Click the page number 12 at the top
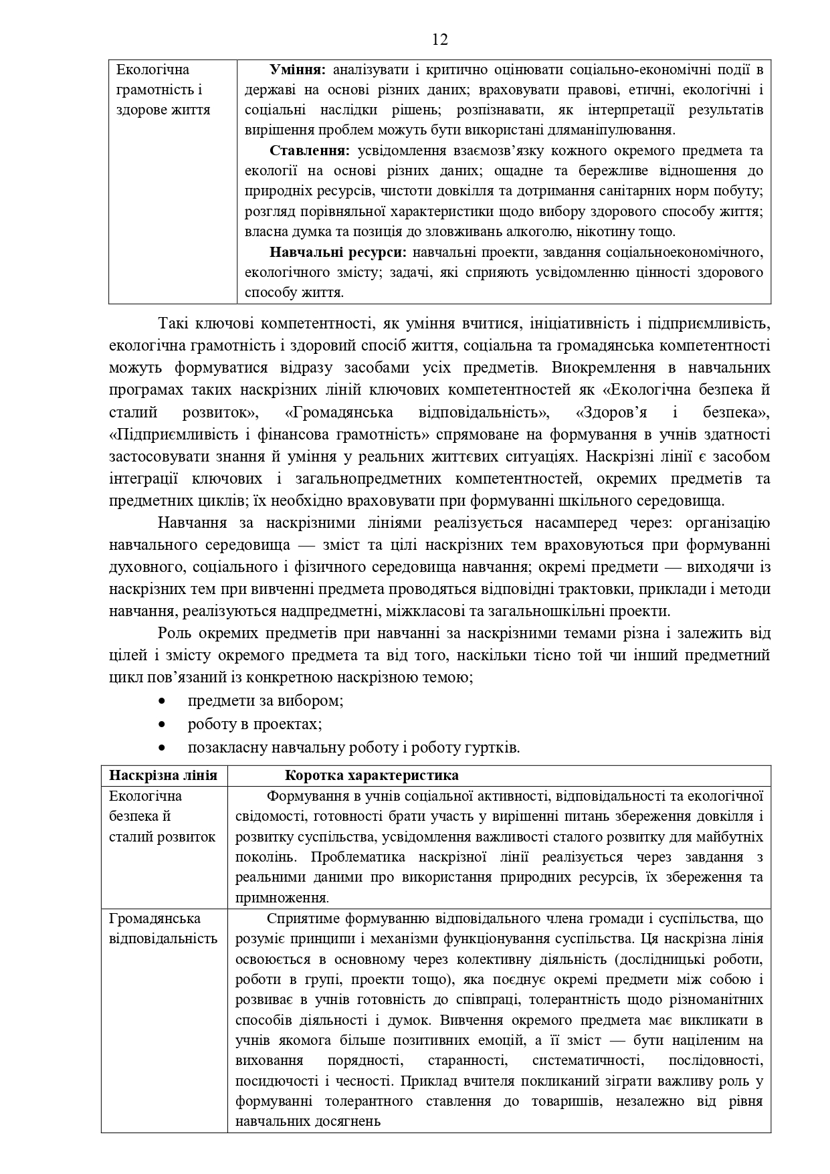tap(439, 40)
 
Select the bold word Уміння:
tap(297, 70)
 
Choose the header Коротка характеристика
tap(371, 775)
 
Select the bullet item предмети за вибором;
tap(266, 701)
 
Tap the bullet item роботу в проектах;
tap(255, 724)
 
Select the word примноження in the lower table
tap(281, 898)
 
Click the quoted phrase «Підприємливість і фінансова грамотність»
tap(269, 435)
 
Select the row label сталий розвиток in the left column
tap(162, 837)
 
